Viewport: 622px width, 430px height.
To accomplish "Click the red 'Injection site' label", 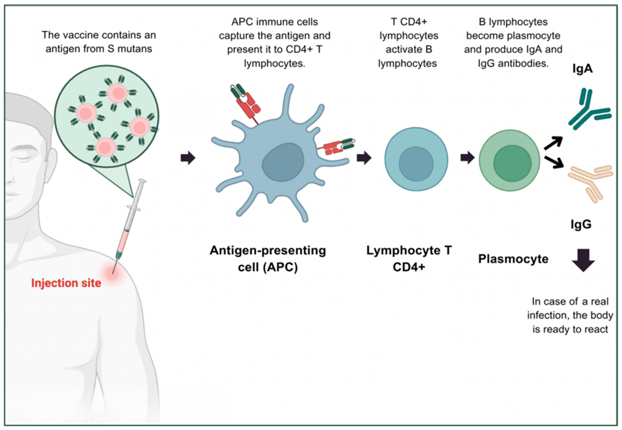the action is pos(66,283).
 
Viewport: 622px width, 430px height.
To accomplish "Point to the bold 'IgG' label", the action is pos(581,224).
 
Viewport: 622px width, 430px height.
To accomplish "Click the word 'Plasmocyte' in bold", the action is pos(513,259).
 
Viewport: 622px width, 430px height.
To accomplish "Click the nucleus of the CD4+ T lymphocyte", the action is pos(416,164).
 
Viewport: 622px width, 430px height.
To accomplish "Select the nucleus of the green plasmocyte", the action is pos(512,163).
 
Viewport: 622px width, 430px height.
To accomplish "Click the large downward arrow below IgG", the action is pos(583,260).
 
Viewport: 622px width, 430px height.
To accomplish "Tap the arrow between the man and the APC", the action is pos(188,158).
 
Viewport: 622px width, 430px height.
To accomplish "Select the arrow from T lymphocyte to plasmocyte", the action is pos(467,158).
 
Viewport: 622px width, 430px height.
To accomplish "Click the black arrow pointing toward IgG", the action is pos(554,162).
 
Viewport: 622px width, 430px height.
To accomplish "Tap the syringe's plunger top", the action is pos(142,181).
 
